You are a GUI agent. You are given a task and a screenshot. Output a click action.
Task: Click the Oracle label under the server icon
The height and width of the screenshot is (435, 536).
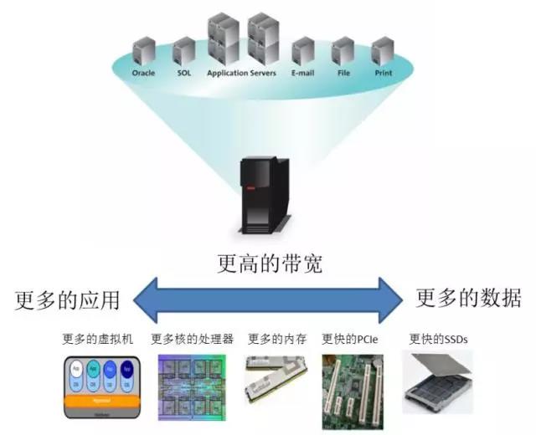click(144, 73)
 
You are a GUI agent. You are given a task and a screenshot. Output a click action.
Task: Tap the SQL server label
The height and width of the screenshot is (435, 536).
click(184, 73)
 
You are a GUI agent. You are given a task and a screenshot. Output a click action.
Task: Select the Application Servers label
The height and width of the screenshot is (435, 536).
click(241, 73)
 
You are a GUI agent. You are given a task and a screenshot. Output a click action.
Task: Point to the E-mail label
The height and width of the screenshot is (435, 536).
click(301, 73)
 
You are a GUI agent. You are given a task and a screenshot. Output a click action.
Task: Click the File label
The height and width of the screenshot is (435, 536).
click(343, 73)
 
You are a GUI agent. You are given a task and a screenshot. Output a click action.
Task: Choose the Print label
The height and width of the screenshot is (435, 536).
click(383, 73)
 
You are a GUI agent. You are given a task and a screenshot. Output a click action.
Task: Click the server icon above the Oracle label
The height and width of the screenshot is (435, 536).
click(144, 51)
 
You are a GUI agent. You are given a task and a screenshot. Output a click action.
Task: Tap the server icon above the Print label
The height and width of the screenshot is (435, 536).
click(383, 51)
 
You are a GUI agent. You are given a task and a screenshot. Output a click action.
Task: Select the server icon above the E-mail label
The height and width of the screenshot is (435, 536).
click(301, 51)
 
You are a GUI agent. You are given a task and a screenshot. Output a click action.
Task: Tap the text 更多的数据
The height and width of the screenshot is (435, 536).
click(469, 298)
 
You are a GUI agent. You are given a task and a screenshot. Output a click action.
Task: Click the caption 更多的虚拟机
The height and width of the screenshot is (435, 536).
click(98, 340)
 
